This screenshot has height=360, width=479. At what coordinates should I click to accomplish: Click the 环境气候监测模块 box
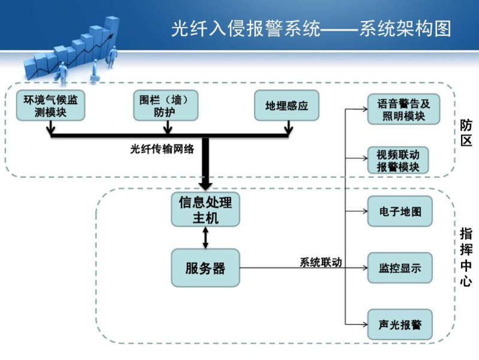coord(50,105)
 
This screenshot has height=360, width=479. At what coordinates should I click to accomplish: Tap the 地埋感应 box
coord(287,105)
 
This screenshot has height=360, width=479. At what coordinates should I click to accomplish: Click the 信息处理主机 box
coord(205,209)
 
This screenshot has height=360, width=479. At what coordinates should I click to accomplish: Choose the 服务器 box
coord(205,268)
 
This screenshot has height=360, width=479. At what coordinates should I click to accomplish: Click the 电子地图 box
coord(399,211)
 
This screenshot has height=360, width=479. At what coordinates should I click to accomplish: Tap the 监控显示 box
coord(399,268)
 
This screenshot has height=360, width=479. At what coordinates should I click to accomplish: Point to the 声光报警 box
coord(399,324)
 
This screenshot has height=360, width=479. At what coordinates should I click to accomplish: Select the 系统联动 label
coord(320,262)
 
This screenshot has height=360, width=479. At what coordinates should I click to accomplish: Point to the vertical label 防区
coord(466,133)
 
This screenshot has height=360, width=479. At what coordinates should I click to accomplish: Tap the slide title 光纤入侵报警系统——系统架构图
coord(311,29)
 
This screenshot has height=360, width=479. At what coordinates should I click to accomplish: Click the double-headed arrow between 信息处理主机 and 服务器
coord(205,238)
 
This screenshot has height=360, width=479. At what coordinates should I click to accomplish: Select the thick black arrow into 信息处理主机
coord(205,165)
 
